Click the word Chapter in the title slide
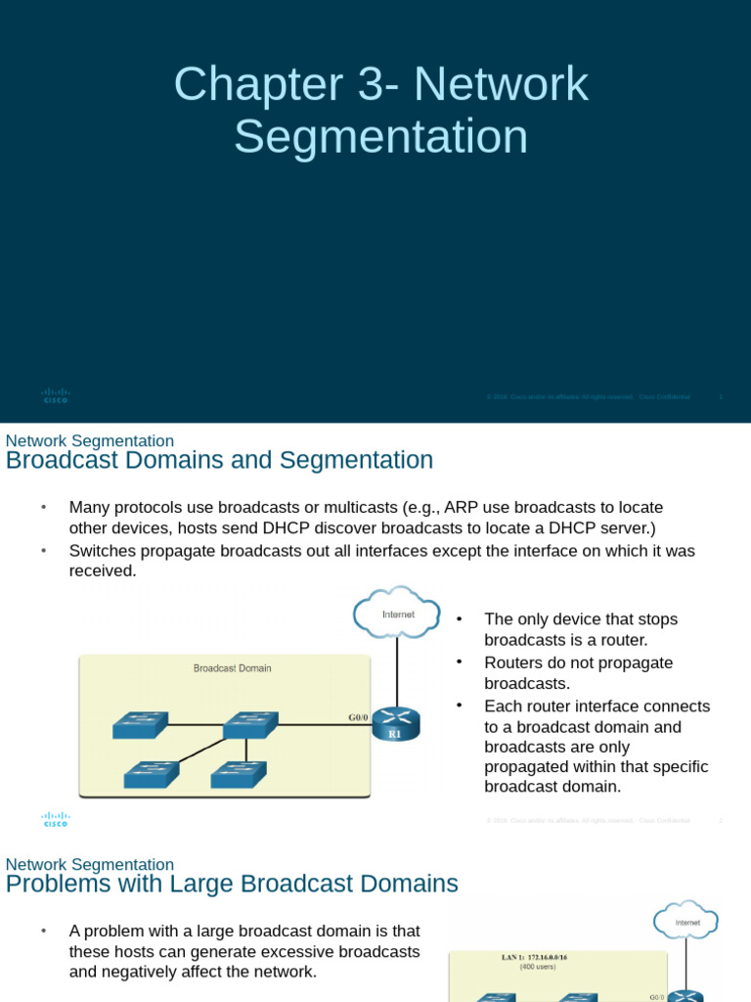[x=250, y=85]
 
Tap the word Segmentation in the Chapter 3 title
[x=380, y=137]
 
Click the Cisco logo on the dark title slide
[x=56, y=395]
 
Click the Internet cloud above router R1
[x=397, y=614]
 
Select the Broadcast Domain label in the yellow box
[x=232, y=668]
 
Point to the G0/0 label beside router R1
[x=359, y=717]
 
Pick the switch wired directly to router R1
[x=250, y=725]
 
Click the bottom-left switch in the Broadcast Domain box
[x=151, y=774]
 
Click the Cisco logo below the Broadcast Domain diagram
[x=56, y=820]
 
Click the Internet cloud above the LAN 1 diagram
[x=686, y=922]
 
